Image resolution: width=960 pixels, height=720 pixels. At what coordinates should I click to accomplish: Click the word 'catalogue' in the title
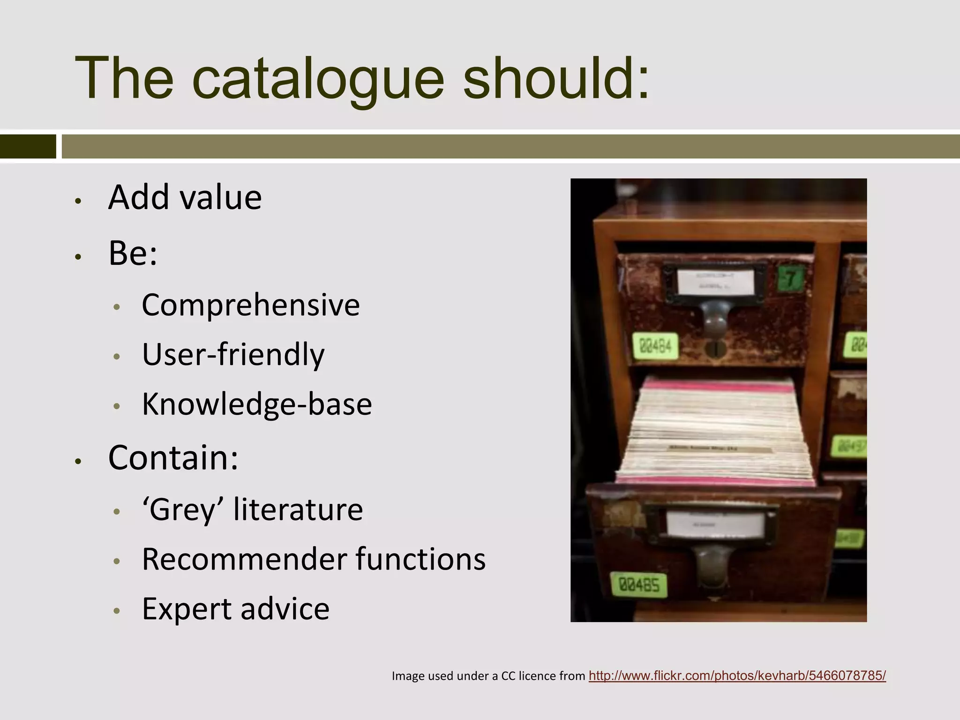pyautogui.click(x=317, y=79)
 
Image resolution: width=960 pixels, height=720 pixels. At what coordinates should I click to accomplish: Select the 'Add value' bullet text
pyautogui.click(x=185, y=197)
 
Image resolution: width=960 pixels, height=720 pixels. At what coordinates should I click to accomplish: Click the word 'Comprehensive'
pyautogui.click(x=250, y=305)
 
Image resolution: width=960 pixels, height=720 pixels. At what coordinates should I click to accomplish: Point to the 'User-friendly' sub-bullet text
pyautogui.click(x=233, y=355)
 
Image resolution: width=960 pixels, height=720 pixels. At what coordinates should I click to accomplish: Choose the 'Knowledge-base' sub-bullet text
pyautogui.click(x=256, y=404)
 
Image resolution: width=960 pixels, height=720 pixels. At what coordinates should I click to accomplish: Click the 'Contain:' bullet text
pyautogui.click(x=173, y=457)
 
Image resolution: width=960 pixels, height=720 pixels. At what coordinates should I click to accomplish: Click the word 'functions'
pyautogui.click(x=420, y=559)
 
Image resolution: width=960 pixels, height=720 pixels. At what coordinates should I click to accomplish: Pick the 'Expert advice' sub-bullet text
pyautogui.click(x=235, y=609)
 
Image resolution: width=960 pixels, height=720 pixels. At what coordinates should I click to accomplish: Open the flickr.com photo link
pyautogui.click(x=737, y=675)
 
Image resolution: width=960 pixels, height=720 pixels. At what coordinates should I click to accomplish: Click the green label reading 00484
pyautogui.click(x=655, y=346)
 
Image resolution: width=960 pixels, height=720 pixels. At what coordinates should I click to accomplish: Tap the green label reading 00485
pyautogui.click(x=639, y=585)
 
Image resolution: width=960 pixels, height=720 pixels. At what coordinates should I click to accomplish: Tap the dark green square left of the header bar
pyautogui.click(x=28, y=146)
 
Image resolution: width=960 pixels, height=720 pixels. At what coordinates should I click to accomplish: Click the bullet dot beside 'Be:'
pyautogui.click(x=78, y=256)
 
